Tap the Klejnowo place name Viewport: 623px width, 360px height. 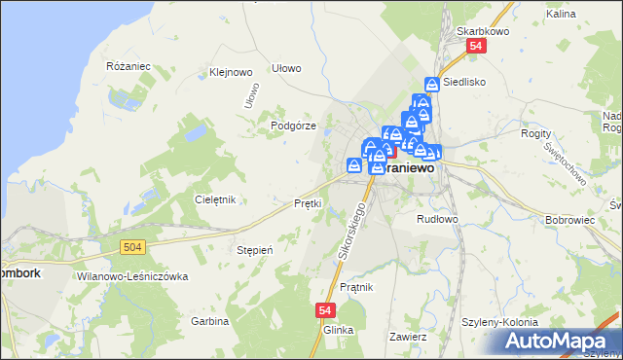(x=231, y=72)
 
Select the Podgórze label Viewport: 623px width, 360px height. (x=292, y=126)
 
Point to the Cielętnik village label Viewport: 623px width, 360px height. (x=216, y=199)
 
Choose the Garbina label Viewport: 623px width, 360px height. (x=209, y=320)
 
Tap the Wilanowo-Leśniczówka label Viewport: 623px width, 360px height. (x=130, y=276)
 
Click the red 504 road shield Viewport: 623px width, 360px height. (x=134, y=248)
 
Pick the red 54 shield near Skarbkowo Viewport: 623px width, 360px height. (x=475, y=47)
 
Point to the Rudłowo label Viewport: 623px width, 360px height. (x=437, y=219)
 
